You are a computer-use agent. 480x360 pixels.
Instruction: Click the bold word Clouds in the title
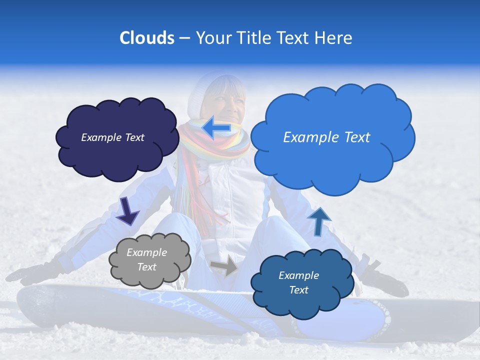(x=146, y=38)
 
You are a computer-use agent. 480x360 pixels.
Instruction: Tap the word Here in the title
(x=334, y=38)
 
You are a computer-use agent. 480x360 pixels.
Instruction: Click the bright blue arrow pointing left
(x=216, y=128)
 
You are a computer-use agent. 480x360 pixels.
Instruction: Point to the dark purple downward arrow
(x=127, y=210)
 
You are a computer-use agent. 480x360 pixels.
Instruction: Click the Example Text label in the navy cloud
(x=113, y=137)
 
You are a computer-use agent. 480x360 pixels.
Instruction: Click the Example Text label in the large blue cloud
(x=326, y=137)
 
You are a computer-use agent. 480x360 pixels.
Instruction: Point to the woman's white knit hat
(x=200, y=95)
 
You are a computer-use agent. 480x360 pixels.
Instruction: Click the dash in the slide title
(x=184, y=38)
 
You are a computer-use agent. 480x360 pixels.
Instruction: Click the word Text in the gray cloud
(x=147, y=267)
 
